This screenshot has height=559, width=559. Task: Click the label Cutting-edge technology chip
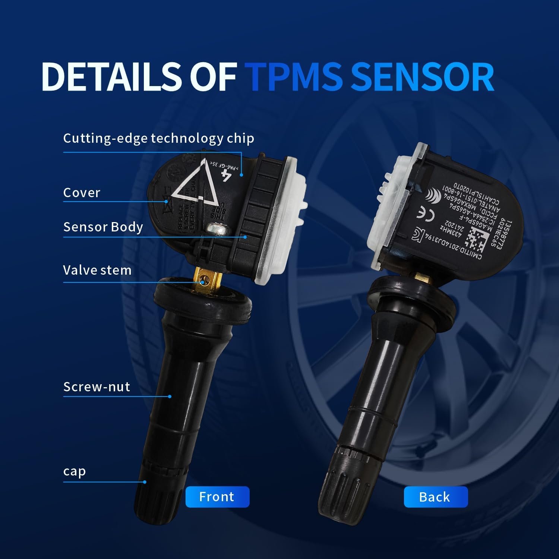coord(158,138)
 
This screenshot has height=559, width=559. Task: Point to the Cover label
coord(82,193)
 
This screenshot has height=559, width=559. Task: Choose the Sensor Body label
coord(103,227)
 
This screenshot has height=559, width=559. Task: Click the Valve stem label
coord(97,270)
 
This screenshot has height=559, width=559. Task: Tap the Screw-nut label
coord(97,387)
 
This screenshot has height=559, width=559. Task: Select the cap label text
coord(75,471)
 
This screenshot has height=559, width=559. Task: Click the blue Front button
coord(217,497)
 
